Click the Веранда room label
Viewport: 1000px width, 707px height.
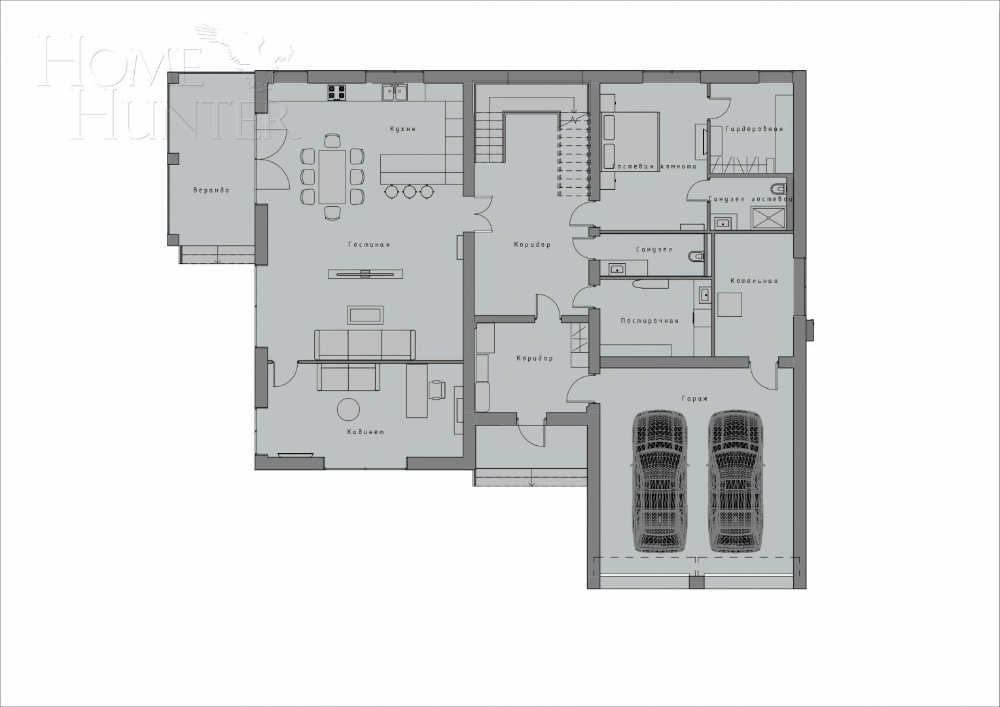click(x=211, y=190)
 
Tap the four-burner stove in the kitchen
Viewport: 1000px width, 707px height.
click(x=336, y=93)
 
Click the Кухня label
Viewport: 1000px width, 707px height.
click(x=402, y=129)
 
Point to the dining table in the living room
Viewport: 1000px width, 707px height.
click(x=332, y=177)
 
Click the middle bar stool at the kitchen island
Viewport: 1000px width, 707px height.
click(x=410, y=191)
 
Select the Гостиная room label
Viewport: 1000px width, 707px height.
click(x=368, y=245)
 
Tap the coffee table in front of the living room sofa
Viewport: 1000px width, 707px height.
click(x=366, y=315)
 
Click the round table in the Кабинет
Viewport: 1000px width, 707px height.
click(x=348, y=410)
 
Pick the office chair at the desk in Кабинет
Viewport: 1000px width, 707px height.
click(x=437, y=389)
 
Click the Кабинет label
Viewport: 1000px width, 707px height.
click(x=366, y=432)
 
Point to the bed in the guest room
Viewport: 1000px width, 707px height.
click(x=630, y=141)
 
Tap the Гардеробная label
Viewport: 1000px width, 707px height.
click(x=754, y=129)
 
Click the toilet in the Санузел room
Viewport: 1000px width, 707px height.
click(x=696, y=255)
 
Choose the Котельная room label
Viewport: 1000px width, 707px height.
click(x=754, y=281)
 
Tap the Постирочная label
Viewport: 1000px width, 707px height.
click(x=649, y=321)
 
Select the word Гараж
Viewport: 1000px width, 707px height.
click(x=695, y=398)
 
